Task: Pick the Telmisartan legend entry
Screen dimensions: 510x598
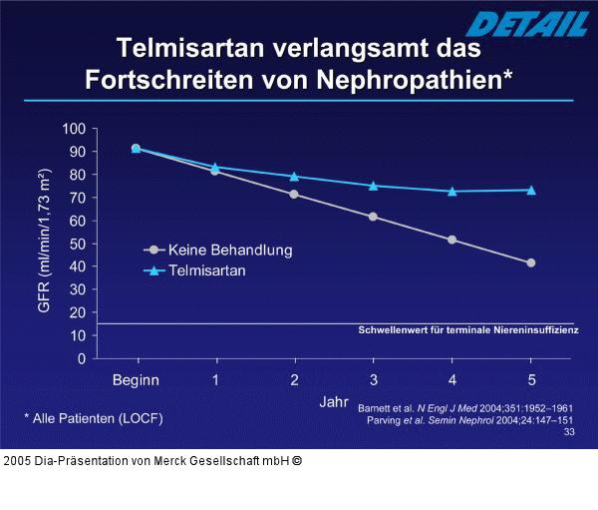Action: [207, 269]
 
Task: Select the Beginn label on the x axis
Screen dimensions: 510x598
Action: [136, 380]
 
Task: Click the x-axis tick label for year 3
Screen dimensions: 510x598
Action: [373, 380]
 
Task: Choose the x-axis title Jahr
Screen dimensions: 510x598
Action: [334, 401]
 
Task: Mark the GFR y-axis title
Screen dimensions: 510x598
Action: [45, 242]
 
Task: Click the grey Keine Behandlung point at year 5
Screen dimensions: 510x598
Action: [531, 262]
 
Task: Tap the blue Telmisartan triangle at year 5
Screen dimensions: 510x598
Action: [531, 190]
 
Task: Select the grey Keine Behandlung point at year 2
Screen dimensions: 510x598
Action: [294, 194]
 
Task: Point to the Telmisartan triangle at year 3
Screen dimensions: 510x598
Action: [373, 186]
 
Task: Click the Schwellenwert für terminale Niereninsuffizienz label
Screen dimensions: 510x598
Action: [467, 329]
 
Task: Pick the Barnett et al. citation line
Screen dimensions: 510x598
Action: [464, 408]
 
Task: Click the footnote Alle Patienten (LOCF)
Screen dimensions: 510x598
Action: [93, 417]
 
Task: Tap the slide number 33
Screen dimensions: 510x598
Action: [568, 432]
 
